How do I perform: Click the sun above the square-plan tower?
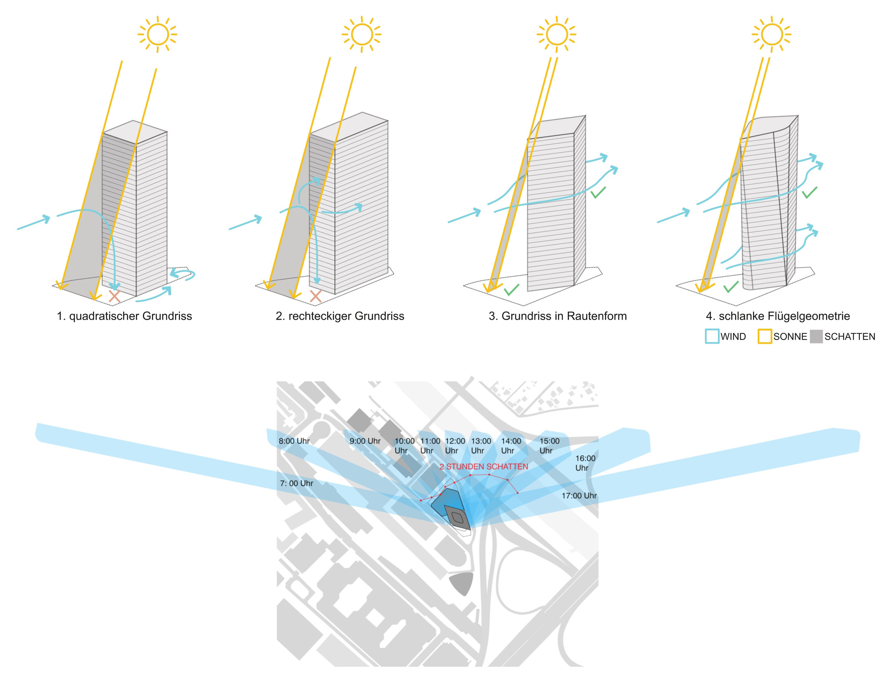click(158, 34)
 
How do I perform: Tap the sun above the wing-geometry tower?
click(772, 34)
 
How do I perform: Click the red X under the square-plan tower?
click(114, 296)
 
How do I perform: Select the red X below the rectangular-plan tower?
click(316, 296)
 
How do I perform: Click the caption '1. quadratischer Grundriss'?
click(124, 316)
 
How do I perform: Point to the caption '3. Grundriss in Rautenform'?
click(558, 316)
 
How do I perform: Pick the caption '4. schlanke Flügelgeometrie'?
click(778, 316)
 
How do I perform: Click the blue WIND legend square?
click(712, 336)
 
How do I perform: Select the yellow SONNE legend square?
click(765, 336)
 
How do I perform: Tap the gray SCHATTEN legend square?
click(816, 336)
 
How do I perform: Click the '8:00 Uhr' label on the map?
click(294, 441)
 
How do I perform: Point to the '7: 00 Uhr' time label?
click(296, 483)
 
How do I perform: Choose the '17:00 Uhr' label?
click(579, 496)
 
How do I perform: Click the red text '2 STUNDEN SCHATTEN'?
click(484, 466)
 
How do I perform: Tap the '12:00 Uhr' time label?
click(455, 446)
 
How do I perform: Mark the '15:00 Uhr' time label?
click(549, 446)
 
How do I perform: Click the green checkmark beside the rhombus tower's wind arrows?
click(598, 192)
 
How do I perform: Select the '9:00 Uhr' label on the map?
click(365, 441)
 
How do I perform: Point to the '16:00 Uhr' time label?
click(585, 463)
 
